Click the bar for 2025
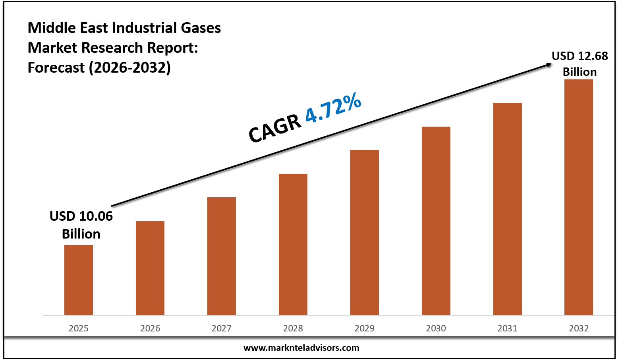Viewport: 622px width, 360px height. click(79, 280)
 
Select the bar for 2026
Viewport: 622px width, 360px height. click(150, 268)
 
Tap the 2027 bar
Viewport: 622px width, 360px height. click(222, 256)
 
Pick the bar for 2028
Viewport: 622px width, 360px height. click(293, 244)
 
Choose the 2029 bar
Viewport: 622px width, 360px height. click(365, 233)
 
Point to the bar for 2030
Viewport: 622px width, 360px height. click(436, 221)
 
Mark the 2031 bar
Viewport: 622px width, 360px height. click(508, 209)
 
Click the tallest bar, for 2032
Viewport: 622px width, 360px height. click(579, 197)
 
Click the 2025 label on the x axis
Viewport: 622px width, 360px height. click(79, 328)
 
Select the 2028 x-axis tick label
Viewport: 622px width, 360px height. click(293, 328)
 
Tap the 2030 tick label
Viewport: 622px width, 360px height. click(436, 328)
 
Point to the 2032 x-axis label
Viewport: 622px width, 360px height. click(579, 328)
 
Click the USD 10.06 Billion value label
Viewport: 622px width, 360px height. click(81, 225)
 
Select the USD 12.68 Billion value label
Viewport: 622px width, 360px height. click(580, 64)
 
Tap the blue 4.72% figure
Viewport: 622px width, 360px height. click(333, 108)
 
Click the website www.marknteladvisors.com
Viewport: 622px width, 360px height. click(301, 348)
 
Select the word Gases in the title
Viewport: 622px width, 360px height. click(201, 28)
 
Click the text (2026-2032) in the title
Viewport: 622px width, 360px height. click(129, 67)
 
